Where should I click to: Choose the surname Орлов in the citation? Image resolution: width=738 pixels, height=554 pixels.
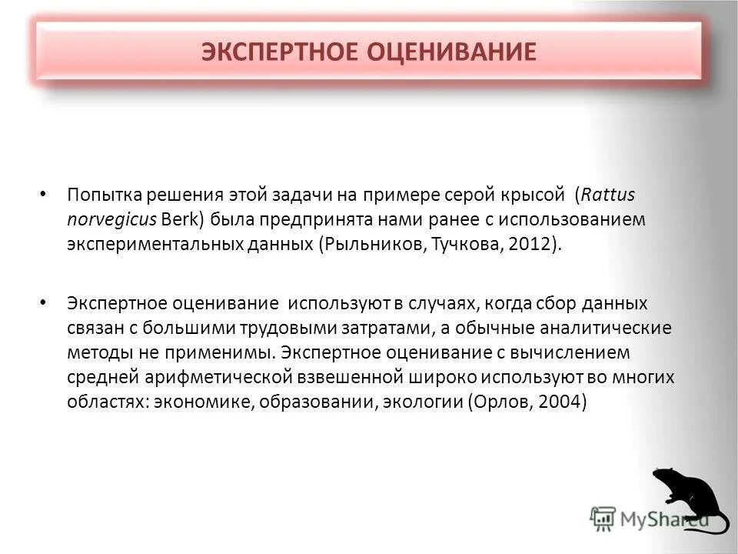[x=505, y=404]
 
